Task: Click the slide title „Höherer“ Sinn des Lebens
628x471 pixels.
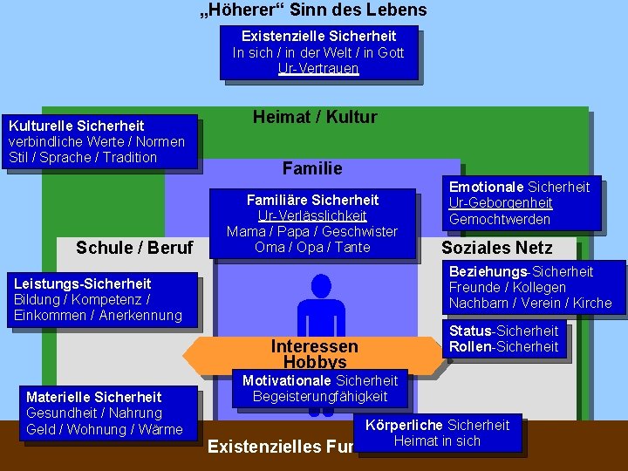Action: [x=313, y=10]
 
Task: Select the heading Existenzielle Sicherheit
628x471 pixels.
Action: [x=318, y=36]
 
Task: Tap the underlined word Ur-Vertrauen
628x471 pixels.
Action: [x=318, y=68]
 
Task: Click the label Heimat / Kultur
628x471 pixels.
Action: [x=315, y=117]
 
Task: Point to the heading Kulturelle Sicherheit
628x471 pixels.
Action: [x=76, y=126]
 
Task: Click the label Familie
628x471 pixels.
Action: [x=312, y=168]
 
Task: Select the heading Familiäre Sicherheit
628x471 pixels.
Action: [x=312, y=200]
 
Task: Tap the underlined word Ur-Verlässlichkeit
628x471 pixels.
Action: [x=312, y=215]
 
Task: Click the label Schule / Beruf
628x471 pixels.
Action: [x=134, y=248]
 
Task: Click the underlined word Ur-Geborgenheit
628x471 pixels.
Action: [x=501, y=202]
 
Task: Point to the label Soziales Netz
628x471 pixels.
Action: [x=496, y=248]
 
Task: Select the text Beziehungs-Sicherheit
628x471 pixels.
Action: [x=521, y=271]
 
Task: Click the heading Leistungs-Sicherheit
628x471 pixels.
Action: [x=83, y=283]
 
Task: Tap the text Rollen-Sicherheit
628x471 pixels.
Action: [x=503, y=346]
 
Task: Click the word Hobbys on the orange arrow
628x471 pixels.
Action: [x=315, y=362]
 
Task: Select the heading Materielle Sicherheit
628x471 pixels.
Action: [x=94, y=397]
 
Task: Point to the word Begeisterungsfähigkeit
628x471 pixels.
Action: [x=320, y=397]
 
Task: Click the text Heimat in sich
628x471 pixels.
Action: [x=437, y=440]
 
